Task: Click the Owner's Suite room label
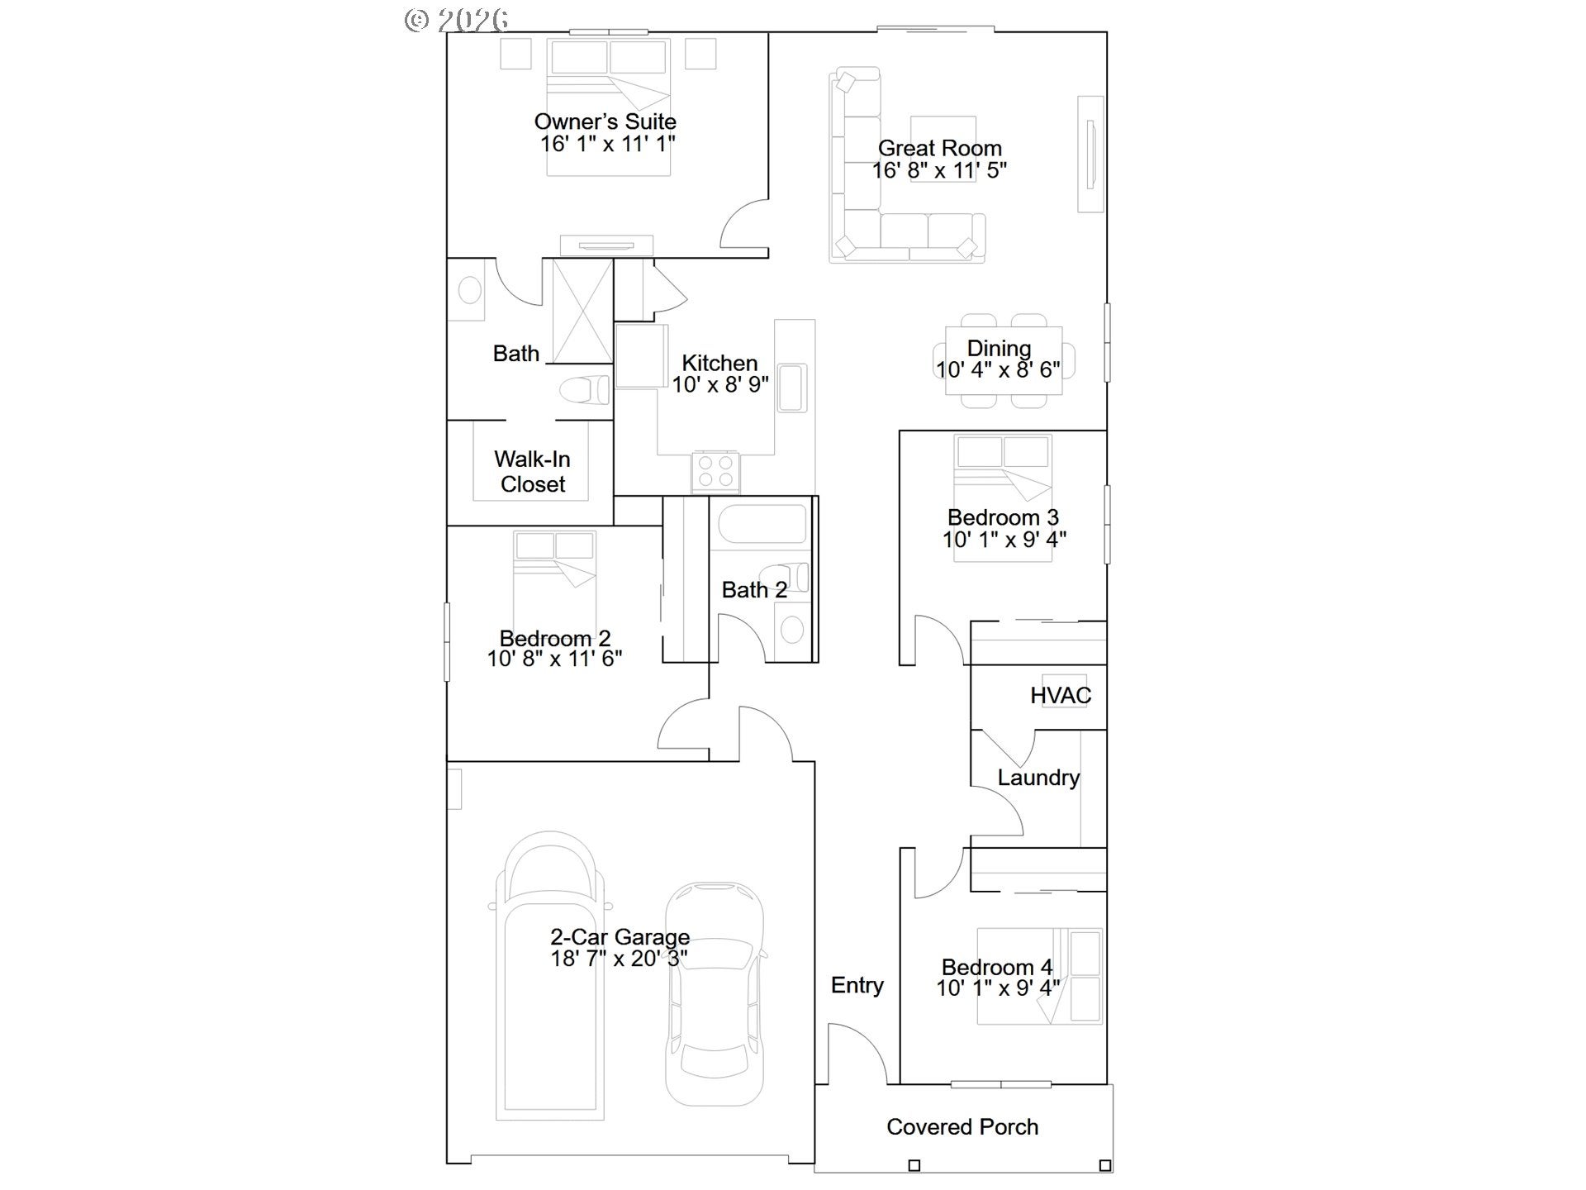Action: click(605, 121)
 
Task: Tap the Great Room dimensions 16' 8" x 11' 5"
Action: click(939, 170)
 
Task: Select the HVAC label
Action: click(1061, 696)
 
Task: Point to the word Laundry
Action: click(1038, 778)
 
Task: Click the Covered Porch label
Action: click(962, 1127)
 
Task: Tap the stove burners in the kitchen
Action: click(715, 472)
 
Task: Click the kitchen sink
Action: click(792, 387)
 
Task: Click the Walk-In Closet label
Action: click(533, 472)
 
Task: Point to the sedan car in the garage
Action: click(715, 994)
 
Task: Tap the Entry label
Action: click(857, 985)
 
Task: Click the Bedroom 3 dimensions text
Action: click(1004, 540)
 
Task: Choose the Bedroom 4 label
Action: click(997, 967)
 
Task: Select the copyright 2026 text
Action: click(456, 20)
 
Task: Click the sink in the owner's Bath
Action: click(469, 291)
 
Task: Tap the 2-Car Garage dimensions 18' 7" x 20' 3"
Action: click(620, 959)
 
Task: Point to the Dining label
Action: click(999, 349)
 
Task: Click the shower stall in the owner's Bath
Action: click(582, 311)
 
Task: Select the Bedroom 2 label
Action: click(555, 638)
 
